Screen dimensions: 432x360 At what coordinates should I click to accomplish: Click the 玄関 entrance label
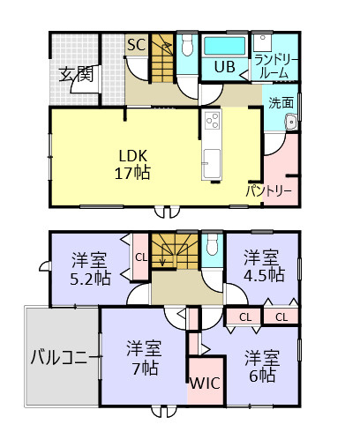pyautogui.click(x=77, y=74)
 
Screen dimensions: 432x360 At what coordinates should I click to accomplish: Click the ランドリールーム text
pyautogui.click(x=275, y=66)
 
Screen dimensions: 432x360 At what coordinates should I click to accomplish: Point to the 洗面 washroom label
pyautogui.click(x=281, y=102)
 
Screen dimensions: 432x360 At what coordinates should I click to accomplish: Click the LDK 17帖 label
pyautogui.click(x=131, y=161)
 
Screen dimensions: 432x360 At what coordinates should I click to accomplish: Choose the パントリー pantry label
pyautogui.click(x=269, y=190)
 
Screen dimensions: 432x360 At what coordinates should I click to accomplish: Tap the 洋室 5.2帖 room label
pyautogui.click(x=91, y=267)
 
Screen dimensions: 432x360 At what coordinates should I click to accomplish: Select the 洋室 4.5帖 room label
pyautogui.click(x=263, y=265)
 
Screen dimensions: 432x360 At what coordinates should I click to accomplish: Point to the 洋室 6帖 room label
pyautogui.click(x=263, y=366)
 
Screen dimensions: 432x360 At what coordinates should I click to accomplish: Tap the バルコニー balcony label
pyautogui.click(x=62, y=358)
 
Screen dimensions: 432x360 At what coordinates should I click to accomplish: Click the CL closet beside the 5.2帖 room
pyautogui.click(x=140, y=257)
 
